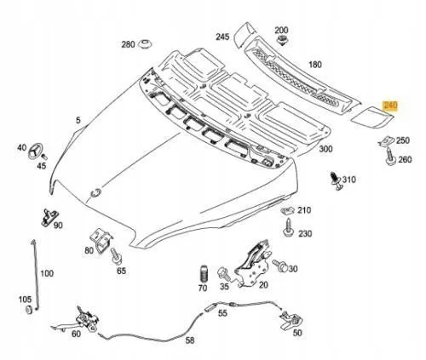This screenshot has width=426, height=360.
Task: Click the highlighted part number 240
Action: pos(391,106)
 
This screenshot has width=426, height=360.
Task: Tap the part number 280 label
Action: pos(129,44)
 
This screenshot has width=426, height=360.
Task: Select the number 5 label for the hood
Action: pos(78,121)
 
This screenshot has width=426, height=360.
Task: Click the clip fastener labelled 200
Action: pos(281,43)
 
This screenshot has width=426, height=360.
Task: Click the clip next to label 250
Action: pos(385,140)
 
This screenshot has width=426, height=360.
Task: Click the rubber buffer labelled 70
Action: pos(204,277)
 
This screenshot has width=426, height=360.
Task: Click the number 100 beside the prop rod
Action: pos(46,273)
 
